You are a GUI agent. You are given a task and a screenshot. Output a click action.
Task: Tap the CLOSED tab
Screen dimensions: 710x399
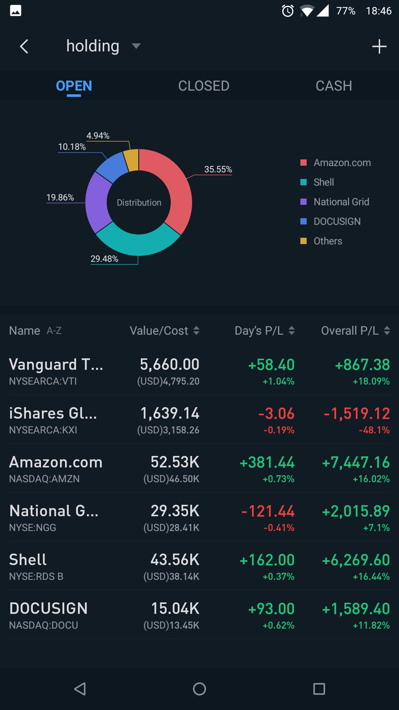coord(204,86)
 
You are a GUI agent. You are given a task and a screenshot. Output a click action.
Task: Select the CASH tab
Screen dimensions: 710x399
coord(334,86)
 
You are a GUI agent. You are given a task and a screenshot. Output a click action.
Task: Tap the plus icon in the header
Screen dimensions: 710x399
coord(379,47)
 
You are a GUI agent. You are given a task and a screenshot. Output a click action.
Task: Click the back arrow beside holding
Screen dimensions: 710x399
coord(24,47)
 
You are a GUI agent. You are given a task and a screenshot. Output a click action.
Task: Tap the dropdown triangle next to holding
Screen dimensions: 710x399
coord(136,46)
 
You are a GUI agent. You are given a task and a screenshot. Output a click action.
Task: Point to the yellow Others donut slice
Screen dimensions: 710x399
coord(132,159)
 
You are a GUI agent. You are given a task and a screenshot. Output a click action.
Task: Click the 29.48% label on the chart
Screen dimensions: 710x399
coord(104,259)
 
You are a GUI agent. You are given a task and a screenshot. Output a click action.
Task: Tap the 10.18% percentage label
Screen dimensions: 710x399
coord(72,147)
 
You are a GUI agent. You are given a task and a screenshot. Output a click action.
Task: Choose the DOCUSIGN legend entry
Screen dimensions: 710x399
coord(337,222)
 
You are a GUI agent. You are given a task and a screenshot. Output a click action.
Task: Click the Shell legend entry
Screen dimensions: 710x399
coord(323,182)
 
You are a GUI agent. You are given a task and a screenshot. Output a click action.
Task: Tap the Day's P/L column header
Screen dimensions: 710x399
coord(259,331)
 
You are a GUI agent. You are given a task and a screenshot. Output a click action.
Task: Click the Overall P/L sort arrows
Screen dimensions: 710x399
coord(387,331)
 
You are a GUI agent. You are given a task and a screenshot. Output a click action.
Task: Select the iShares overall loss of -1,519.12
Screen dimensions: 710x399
coord(357,413)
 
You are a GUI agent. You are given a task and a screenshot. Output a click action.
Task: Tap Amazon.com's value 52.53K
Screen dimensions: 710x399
coord(175,462)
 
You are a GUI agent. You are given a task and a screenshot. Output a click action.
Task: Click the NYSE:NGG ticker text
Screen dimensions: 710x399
coord(33,528)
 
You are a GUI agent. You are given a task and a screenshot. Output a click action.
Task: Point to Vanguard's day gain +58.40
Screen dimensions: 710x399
coord(271,365)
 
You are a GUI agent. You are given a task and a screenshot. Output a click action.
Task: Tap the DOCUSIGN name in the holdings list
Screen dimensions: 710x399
coord(48,609)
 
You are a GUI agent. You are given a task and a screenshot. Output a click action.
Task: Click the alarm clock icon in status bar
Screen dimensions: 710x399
coord(287,11)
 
